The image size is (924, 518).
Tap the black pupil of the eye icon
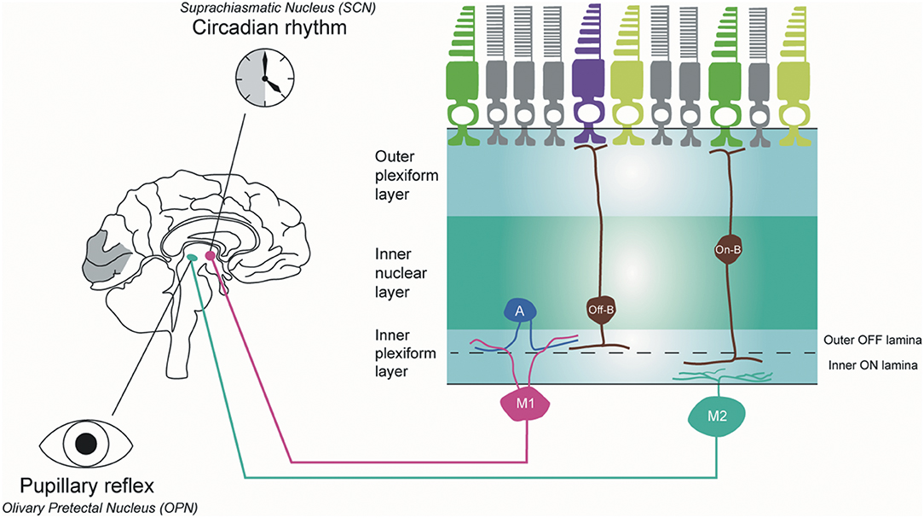pos(86,444)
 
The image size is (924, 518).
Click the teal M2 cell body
pos(717,416)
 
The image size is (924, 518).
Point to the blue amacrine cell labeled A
pos(519,312)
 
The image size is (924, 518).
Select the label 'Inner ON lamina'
pos(874,367)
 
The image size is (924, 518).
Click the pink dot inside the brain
pos(210,255)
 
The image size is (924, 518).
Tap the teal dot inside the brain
pos(193,258)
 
